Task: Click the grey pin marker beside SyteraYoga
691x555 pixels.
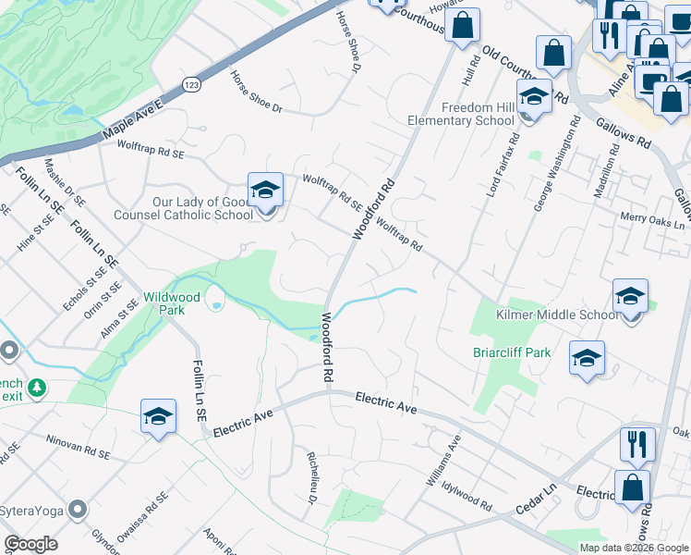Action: (x=78, y=509)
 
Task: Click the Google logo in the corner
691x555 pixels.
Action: (x=30, y=544)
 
